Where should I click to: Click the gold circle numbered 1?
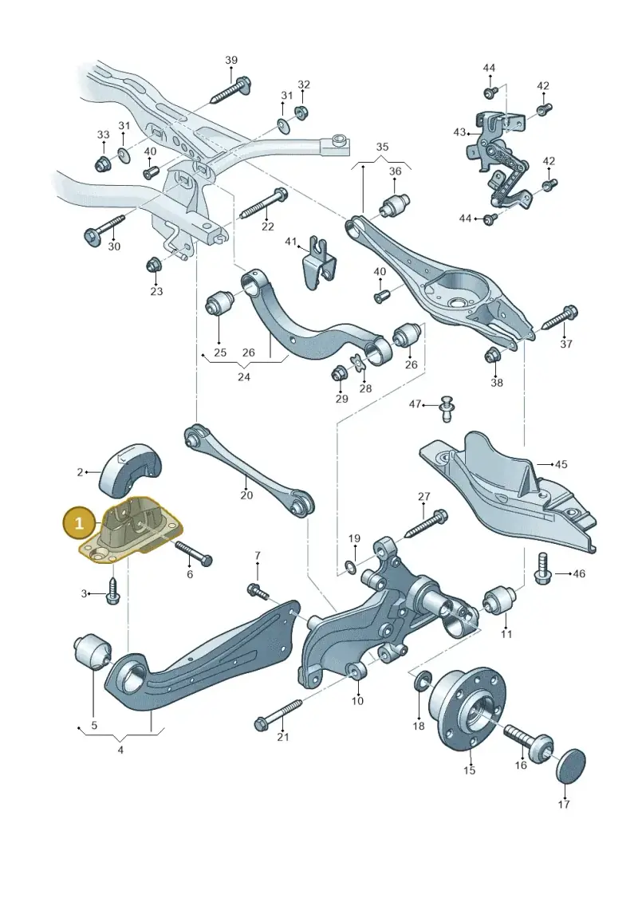[x=80, y=523]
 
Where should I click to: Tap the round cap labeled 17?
[x=571, y=765]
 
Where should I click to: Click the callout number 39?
[x=231, y=60]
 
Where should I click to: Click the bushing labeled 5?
[x=93, y=652]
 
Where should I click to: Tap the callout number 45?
[x=561, y=464]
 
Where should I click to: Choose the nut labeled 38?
[x=493, y=356]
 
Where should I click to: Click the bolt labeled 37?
[x=558, y=317]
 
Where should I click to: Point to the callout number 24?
[x=244, y=377]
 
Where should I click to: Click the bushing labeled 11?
[x=498, y=600]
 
